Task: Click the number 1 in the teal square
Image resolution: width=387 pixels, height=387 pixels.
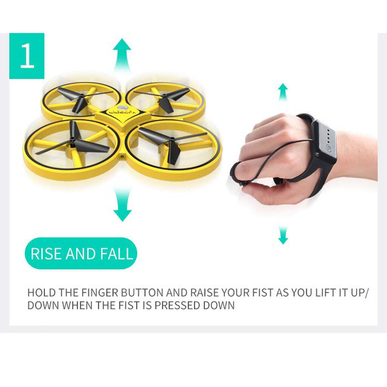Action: click(27, 56)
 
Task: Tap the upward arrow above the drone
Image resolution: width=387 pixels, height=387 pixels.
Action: click(122, 53)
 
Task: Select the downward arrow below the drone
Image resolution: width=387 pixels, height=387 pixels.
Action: click(122, 206)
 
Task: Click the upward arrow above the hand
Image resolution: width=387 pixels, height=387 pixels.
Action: click(283, 92)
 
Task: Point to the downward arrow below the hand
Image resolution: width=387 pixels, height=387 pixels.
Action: click(283, 235)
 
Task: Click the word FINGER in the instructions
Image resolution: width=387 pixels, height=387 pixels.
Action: click(99, 293)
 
